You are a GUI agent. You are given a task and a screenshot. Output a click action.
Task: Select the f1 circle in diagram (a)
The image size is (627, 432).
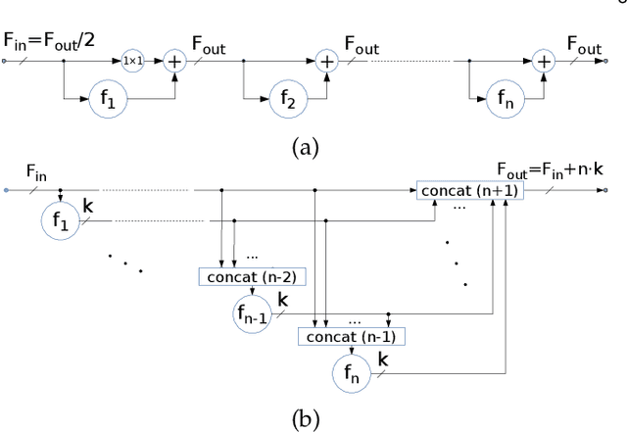pos(111,98)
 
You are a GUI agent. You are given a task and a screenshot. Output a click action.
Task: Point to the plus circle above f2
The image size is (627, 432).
pos(326,61)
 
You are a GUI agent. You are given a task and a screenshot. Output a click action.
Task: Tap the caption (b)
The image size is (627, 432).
pos(306,416)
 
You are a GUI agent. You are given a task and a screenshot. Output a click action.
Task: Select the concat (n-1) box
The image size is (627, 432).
pos(352,337)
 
